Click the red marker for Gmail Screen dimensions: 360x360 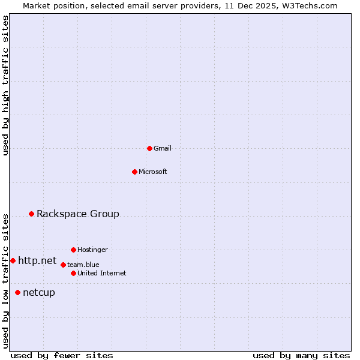[x=149, y=148]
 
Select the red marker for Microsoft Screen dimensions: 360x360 [x=134, y=172]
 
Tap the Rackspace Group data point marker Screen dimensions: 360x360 [x=31, y=214]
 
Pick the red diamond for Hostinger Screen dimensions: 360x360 [x=73, y=250]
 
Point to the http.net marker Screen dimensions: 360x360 [x=13, y=260]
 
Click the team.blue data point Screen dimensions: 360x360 [x=63, y=265]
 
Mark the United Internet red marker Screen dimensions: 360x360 [x=73, y=273]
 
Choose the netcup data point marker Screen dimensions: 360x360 [x=17, y=292]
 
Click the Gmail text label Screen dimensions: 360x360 [x=163, y=148]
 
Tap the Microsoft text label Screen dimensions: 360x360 [x=153, y=172]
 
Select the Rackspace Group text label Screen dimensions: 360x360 [x=78, y=214]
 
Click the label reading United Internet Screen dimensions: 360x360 [x=102, y=273]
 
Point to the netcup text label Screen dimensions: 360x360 [x=39, y=292]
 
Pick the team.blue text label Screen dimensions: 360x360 [x=83, y=265]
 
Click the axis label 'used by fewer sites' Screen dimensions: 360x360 [x=62, y=355]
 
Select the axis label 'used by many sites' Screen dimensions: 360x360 [x=301, y=355]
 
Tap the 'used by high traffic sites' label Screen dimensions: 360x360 [x=5, y=85]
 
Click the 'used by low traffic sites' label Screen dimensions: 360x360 [x=5, y=280]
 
